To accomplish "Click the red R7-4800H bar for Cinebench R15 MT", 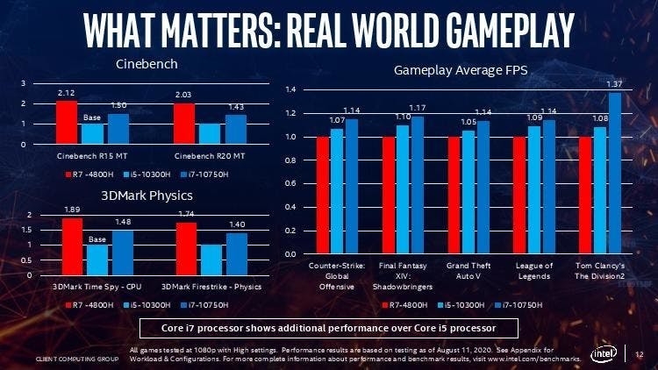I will (66, 122).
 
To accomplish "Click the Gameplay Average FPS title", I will (460, 69).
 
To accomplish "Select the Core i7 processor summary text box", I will (329, 329).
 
